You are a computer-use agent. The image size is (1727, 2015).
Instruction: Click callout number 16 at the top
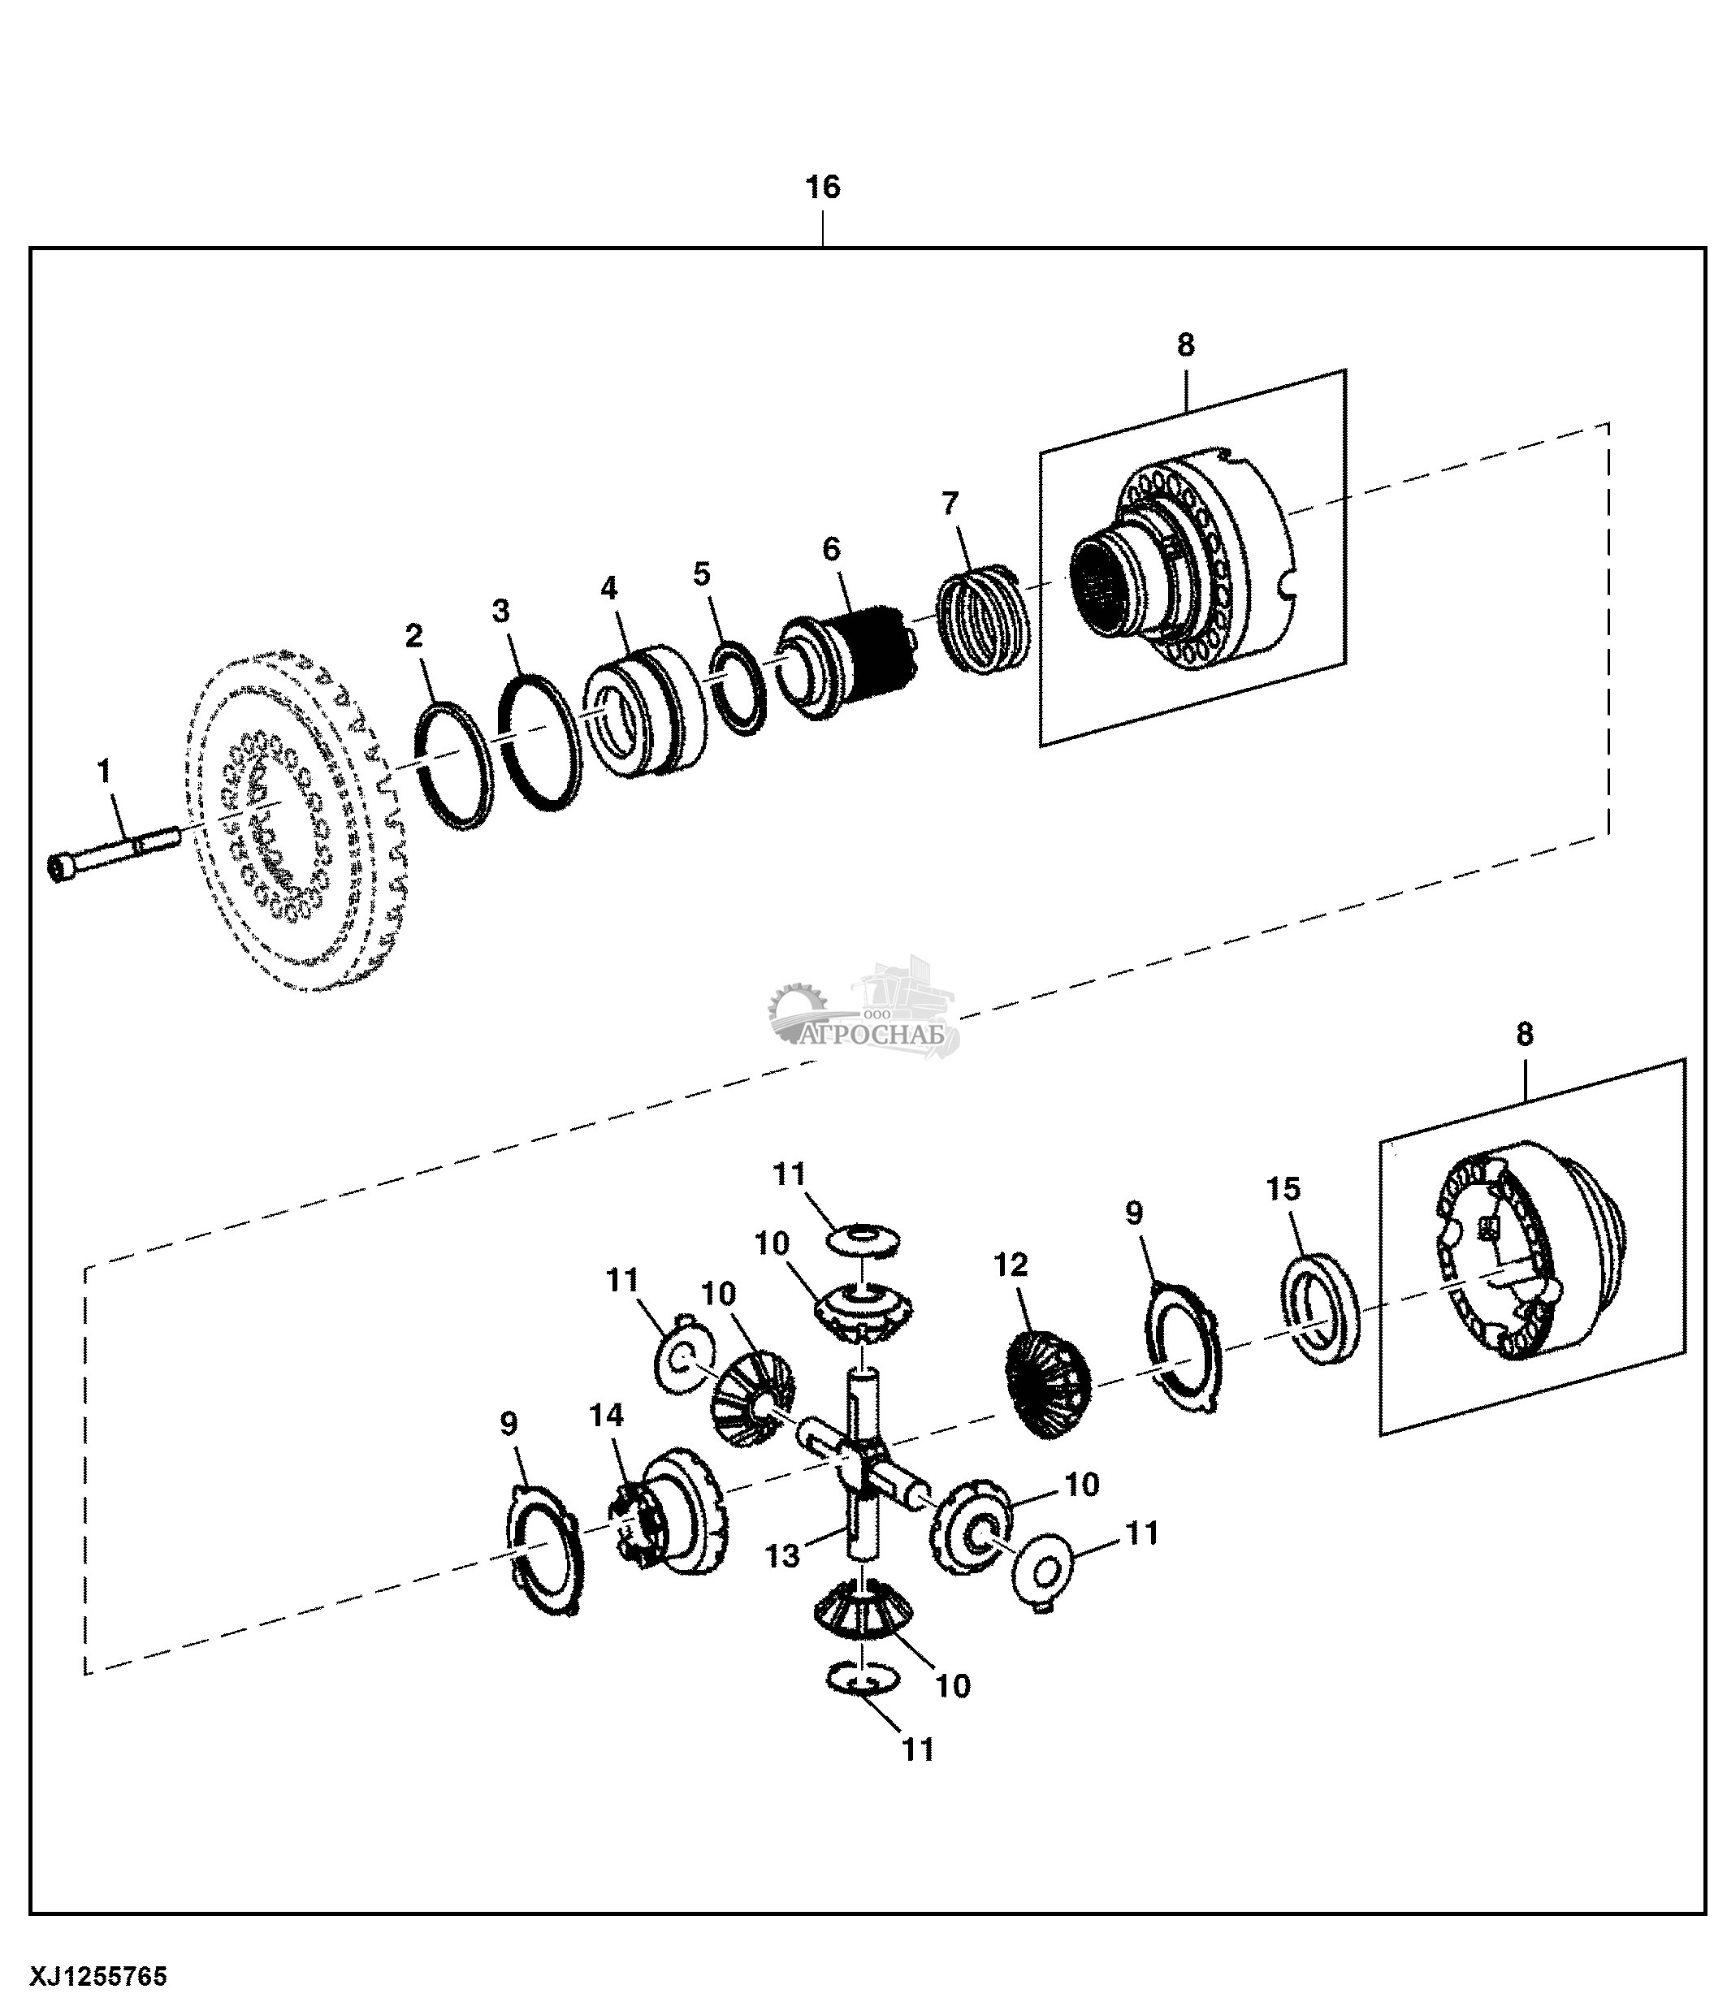823,187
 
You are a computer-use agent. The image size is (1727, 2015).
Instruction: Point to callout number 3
500,611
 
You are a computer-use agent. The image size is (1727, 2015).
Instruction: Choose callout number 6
830,550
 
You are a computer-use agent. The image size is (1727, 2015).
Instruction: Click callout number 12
1011,1265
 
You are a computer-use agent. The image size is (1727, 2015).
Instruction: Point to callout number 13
781,1556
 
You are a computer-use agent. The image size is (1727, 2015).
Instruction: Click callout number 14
606,1415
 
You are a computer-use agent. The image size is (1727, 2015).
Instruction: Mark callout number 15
1283,1188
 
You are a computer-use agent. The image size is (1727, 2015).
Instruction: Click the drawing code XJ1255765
99,1977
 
